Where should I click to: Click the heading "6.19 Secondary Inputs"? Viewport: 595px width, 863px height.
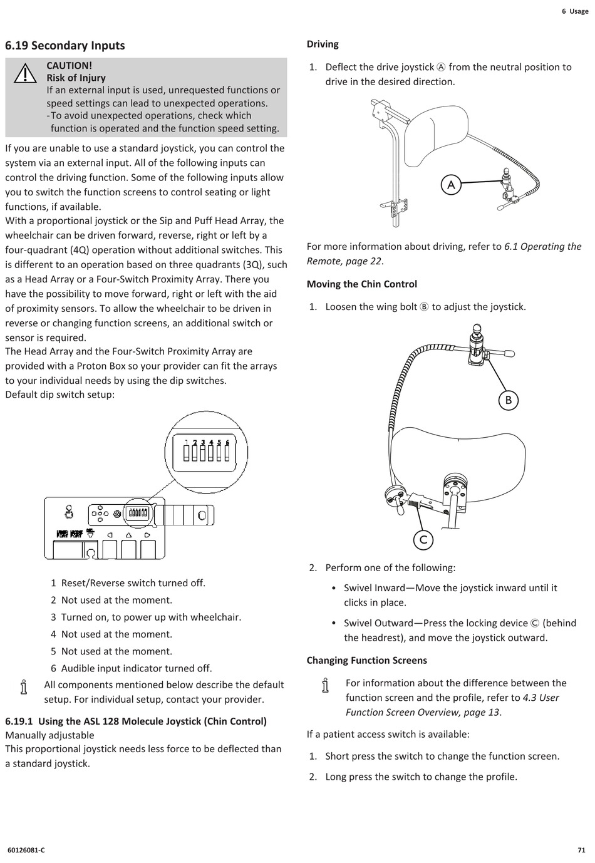tap(65, 46)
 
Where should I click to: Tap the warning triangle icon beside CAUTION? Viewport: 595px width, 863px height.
tap(25, 74)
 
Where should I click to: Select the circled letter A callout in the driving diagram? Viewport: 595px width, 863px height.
tap(451, 185)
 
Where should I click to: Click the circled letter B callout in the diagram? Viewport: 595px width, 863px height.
tap(509, 400)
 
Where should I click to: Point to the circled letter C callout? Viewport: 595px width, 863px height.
tap(423, 540)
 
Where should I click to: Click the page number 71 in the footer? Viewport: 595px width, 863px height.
tap(581, 850)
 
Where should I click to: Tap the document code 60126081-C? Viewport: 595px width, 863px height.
tap(26, 850)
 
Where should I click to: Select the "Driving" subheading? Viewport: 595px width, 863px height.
tap(323, 44)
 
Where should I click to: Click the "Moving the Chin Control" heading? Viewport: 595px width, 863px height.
tap(361, 284)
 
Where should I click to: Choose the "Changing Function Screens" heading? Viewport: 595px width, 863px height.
tap(366, 661)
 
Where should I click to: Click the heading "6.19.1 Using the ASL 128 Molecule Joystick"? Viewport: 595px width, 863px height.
tap(136, 721)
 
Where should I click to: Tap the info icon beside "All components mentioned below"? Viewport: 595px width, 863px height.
tap(24, 687)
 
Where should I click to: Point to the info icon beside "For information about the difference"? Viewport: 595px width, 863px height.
tap(325, 685)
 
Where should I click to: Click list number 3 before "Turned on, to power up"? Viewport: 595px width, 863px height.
tap(54, 618)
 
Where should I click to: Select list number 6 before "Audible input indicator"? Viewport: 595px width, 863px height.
tap(54, 669)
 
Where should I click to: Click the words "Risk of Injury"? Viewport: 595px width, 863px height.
tap(76, 78)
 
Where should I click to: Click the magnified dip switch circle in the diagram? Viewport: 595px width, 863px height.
tap(206, 452)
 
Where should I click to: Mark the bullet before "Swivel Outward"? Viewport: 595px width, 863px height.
tap(334, 624)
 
